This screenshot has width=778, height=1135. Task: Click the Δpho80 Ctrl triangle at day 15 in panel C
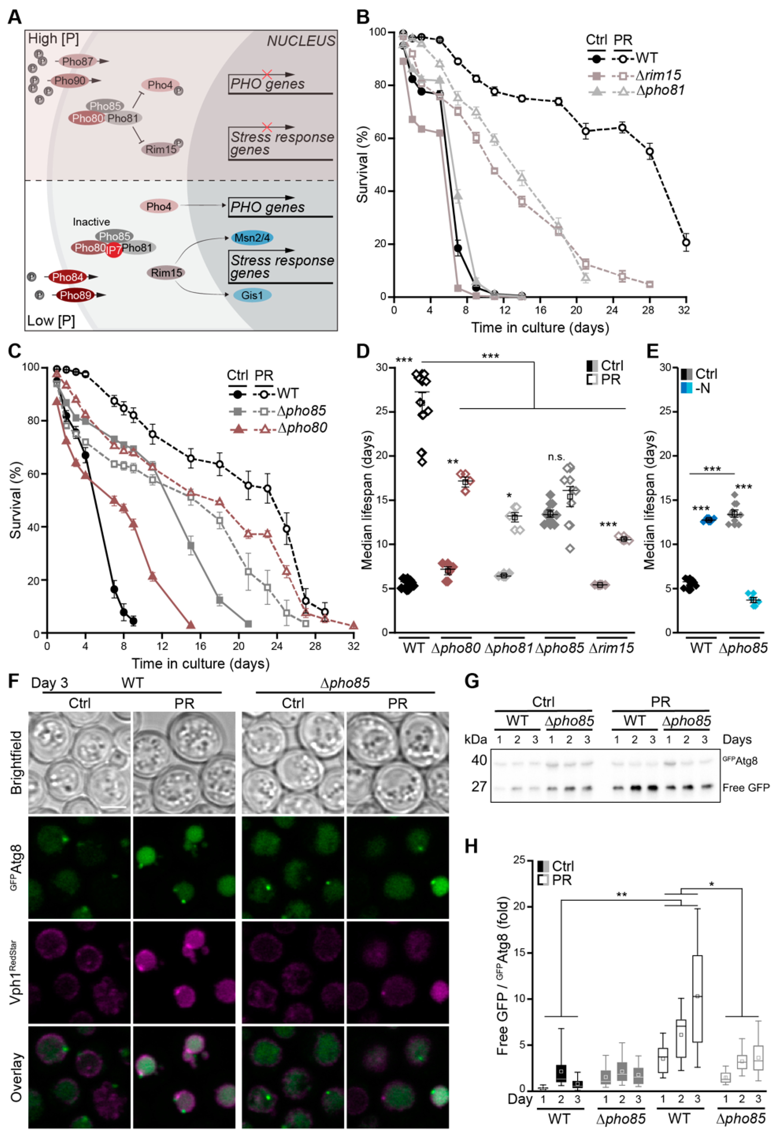click(191, 625)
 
